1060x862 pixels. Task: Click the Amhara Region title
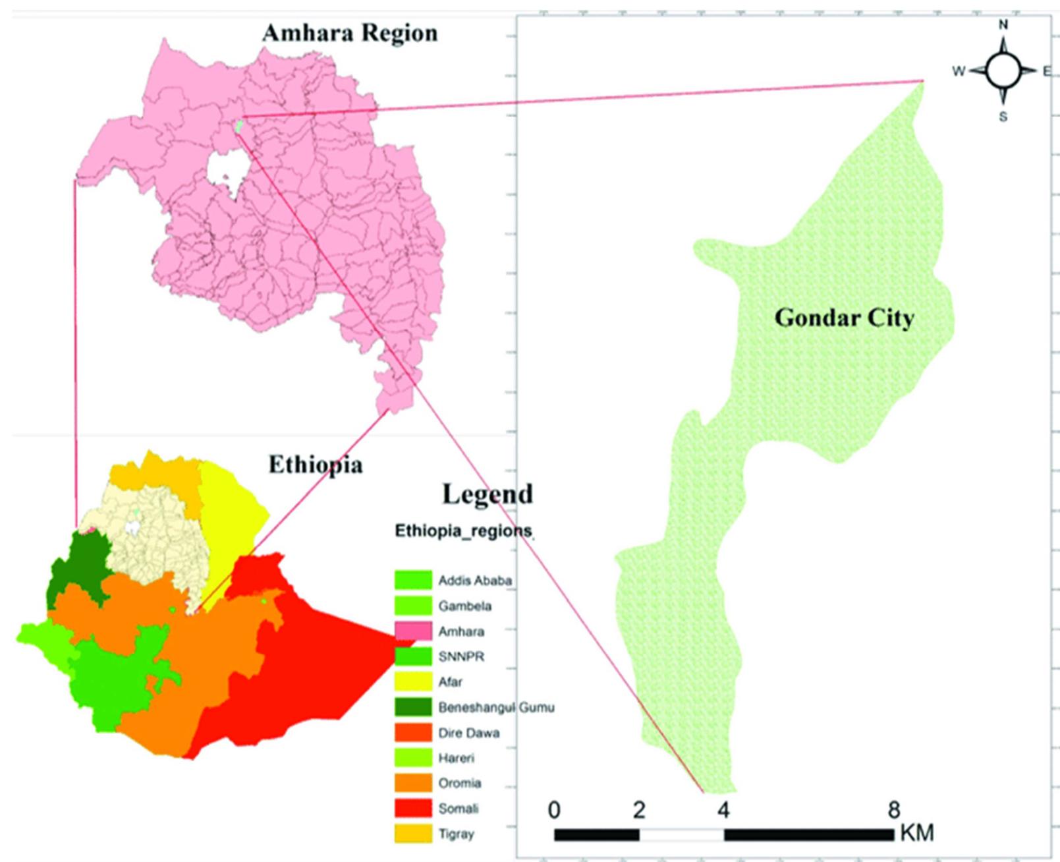click(350, 33)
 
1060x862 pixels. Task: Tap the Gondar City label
click(844, 318)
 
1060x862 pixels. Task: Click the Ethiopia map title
click(315, 465)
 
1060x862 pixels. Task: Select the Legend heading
click(487, 494)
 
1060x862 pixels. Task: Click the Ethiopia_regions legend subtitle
click(463, 531)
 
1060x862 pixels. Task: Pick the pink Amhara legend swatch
click(413, 631)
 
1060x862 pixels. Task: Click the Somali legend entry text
click(459, 809)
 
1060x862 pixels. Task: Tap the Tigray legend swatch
click(413, 834)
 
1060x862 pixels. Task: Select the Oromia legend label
click(460, 783)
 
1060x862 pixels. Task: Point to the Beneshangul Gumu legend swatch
click(413, 707)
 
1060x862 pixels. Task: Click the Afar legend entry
click(451, 682)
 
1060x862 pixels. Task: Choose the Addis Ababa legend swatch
click(413, 580)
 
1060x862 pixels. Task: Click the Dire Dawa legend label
click(469, 733)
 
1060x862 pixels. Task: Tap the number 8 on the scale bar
click(893, 810)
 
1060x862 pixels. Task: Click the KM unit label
click(917, 833)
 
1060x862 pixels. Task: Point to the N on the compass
click(1003, 25)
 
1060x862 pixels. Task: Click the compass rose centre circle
click(1003, 71)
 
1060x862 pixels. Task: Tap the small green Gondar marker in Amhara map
click(240, 125)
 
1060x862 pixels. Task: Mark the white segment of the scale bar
click(681, 835)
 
